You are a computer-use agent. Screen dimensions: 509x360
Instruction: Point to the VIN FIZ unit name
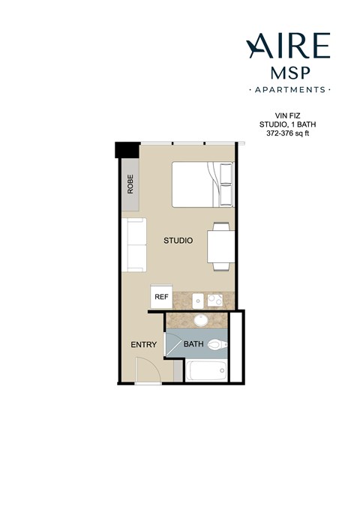[289, 117]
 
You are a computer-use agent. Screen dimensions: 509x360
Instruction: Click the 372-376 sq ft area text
[289, 134]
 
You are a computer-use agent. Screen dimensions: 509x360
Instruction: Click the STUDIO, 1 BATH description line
[289, 125]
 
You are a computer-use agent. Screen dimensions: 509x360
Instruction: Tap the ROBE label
[130, 184]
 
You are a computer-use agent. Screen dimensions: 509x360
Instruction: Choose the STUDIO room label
[178, 241]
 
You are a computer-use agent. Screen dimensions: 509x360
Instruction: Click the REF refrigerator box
[161, 296]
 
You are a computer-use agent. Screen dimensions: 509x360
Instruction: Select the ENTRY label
[143, 345]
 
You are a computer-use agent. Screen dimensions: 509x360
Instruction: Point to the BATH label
[193, 345]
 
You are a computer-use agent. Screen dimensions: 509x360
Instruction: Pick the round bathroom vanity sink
[200, 321]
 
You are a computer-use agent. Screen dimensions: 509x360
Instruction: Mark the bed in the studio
[202, 184]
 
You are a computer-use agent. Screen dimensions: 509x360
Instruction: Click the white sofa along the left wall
[135, 244]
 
